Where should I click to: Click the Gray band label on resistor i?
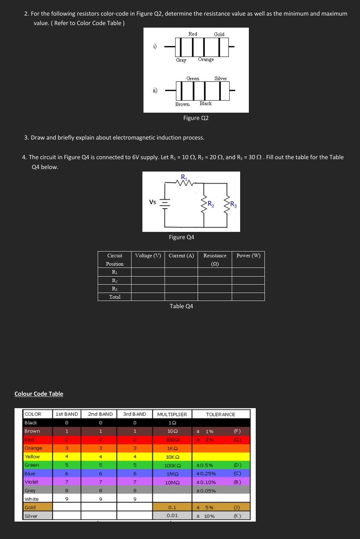click(x=181, y=60)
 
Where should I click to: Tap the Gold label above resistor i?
click(x=219, y=34)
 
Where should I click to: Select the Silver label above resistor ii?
click(x=221, y=79)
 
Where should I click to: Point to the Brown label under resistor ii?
click(x=182, y=104)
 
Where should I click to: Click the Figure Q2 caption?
click(x=196, y=118)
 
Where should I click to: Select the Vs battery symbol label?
click(x=153, y=202)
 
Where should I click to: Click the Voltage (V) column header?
click(x=148, y=256)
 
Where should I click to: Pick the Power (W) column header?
click(x=248, y=256)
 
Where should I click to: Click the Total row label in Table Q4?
click(x=115, y=297)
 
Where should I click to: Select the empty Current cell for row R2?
click(x=181, y=280)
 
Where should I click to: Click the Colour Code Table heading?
click(x=39, y=394)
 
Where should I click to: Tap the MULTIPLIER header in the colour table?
click(x=172, y=414)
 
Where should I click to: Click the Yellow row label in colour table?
click(x=32, y=456)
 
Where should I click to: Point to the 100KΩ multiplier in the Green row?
click(x=173, y=466)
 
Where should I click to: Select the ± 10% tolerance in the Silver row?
click(x=206, y=516)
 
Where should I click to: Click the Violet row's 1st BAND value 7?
click(x=66, y=482)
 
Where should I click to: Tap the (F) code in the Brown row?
click(x=237, y=431)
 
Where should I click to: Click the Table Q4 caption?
click(x=181, y=306)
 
